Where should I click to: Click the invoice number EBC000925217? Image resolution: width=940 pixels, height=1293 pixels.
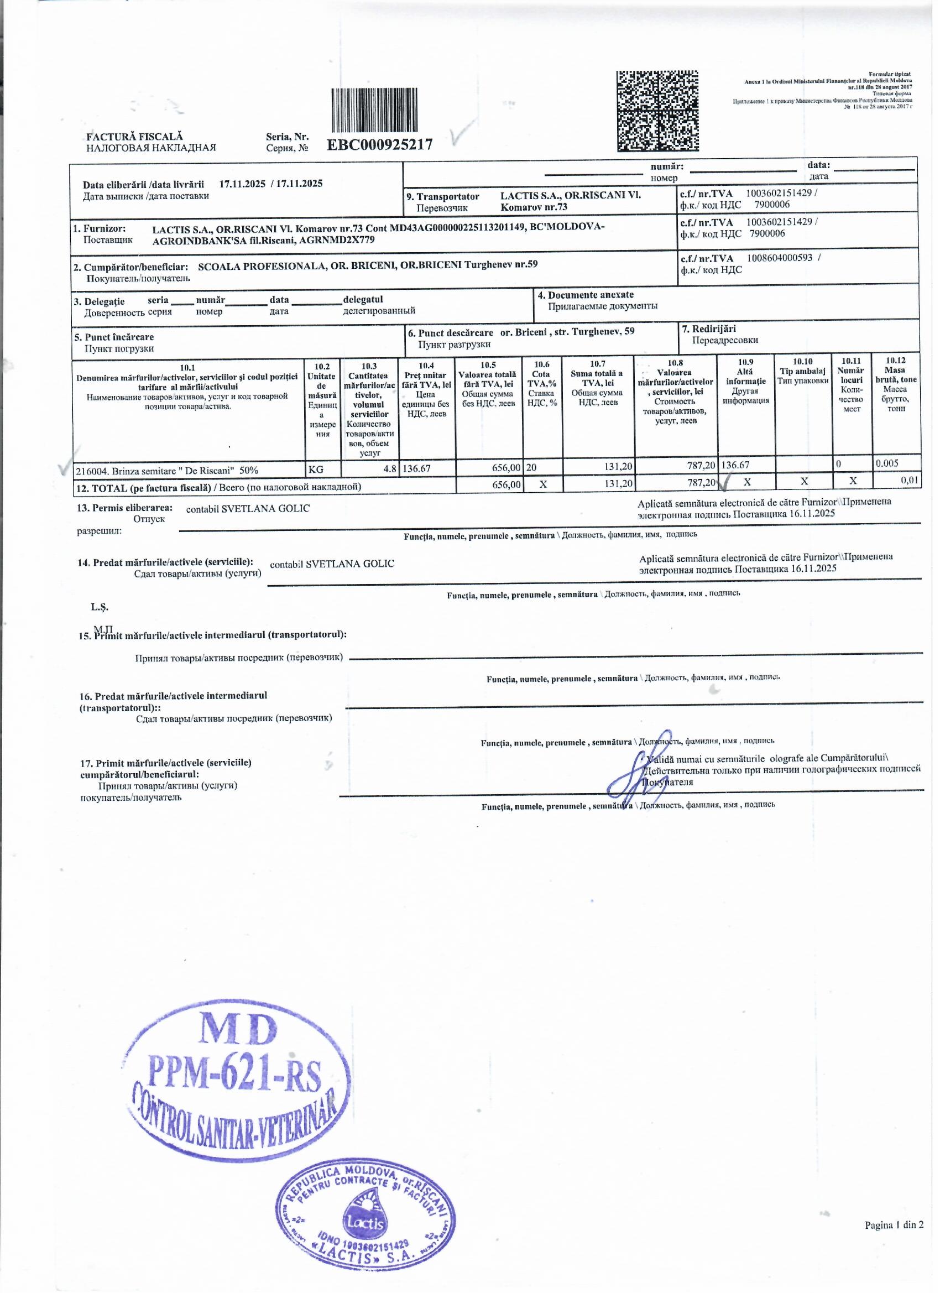[380, 144]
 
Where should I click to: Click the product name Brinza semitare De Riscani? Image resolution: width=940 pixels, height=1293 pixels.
[166, 470]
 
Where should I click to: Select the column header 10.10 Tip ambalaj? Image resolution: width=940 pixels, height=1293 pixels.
[803, 371]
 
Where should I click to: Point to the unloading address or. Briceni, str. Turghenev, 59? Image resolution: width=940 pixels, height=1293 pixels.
[567, 332]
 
